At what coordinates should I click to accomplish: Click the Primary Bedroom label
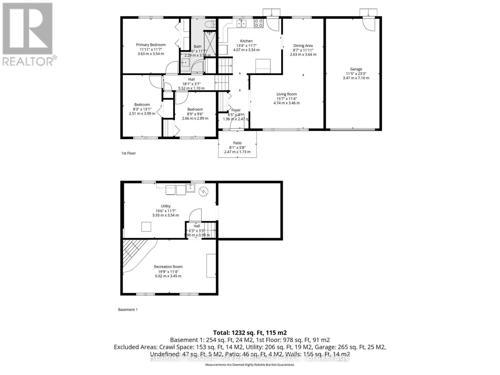coord(151,45)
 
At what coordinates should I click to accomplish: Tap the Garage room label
coord(356,69)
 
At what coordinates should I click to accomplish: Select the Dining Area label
coord(303,46)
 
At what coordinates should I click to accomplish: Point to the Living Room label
coord(287,94)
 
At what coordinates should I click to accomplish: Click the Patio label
coord(237,143)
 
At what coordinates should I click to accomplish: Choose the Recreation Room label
coord(168,267)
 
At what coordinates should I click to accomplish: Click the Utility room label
coord(166,206)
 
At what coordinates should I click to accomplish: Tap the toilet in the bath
coord(210,24)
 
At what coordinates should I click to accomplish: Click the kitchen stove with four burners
coord(259,23)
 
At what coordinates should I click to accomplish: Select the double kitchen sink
coord(241,23)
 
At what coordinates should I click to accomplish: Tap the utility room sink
coord(190,188)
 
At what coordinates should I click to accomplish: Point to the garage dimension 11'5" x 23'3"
coord(356,74)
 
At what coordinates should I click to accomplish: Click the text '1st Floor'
coord(128,153)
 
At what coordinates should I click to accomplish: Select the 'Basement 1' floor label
coord(128,309)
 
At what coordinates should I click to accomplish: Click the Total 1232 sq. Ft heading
coord(250,332)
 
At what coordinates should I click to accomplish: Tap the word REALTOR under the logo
coord(28,61)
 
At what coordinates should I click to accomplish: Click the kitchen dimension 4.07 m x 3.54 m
coord(246,50)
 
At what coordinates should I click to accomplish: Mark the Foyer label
coord(236,110)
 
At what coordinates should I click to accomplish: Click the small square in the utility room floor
coord(146,227)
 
